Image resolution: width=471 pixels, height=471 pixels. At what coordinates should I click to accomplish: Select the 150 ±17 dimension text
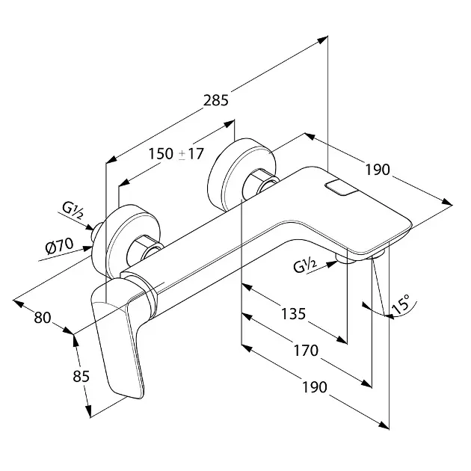pyautogui.click(x=176, y=155)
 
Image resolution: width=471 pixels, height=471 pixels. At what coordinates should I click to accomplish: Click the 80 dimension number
pyautogui.click(x=43, y=317)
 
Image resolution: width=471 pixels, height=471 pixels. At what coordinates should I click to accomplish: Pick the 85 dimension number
pyautogui.click(x=80, y=376)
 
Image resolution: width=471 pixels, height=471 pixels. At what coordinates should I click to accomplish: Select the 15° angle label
pyautogui.click(x=401, y=304)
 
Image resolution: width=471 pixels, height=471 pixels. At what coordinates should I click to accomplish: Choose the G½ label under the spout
pyautogui.click(x=307, y=262)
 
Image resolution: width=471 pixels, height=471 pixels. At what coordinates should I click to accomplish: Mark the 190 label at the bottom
pyautogui.click(x=315, y=387)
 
